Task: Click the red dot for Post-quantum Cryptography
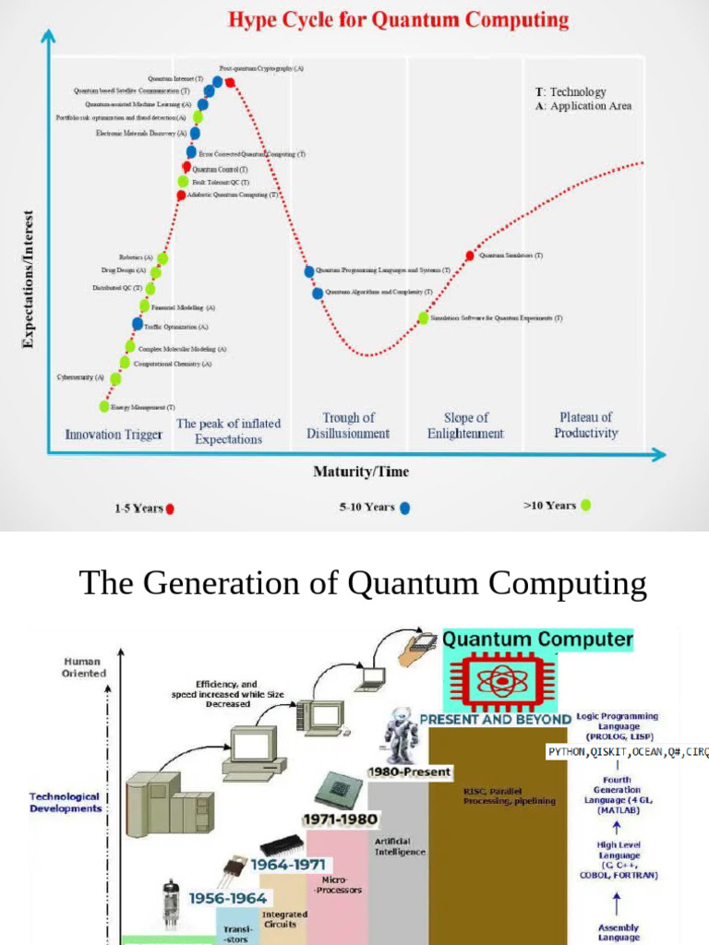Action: point(229,83)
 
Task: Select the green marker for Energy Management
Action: point(104,406)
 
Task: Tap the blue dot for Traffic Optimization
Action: point(138,324)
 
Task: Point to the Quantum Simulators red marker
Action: point(470,256)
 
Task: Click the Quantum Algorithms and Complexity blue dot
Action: point(318,293)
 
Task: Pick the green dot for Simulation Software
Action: point(424,317)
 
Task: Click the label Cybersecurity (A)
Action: point(80,377)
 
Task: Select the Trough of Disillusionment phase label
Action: point(348,425)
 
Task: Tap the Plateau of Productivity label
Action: point(585,425)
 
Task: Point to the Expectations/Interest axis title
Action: point(28,277)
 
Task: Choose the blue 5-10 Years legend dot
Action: point(404,507)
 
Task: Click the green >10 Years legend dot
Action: point(584,505)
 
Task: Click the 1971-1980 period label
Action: point(340,818)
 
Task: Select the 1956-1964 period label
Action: point(228,897)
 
